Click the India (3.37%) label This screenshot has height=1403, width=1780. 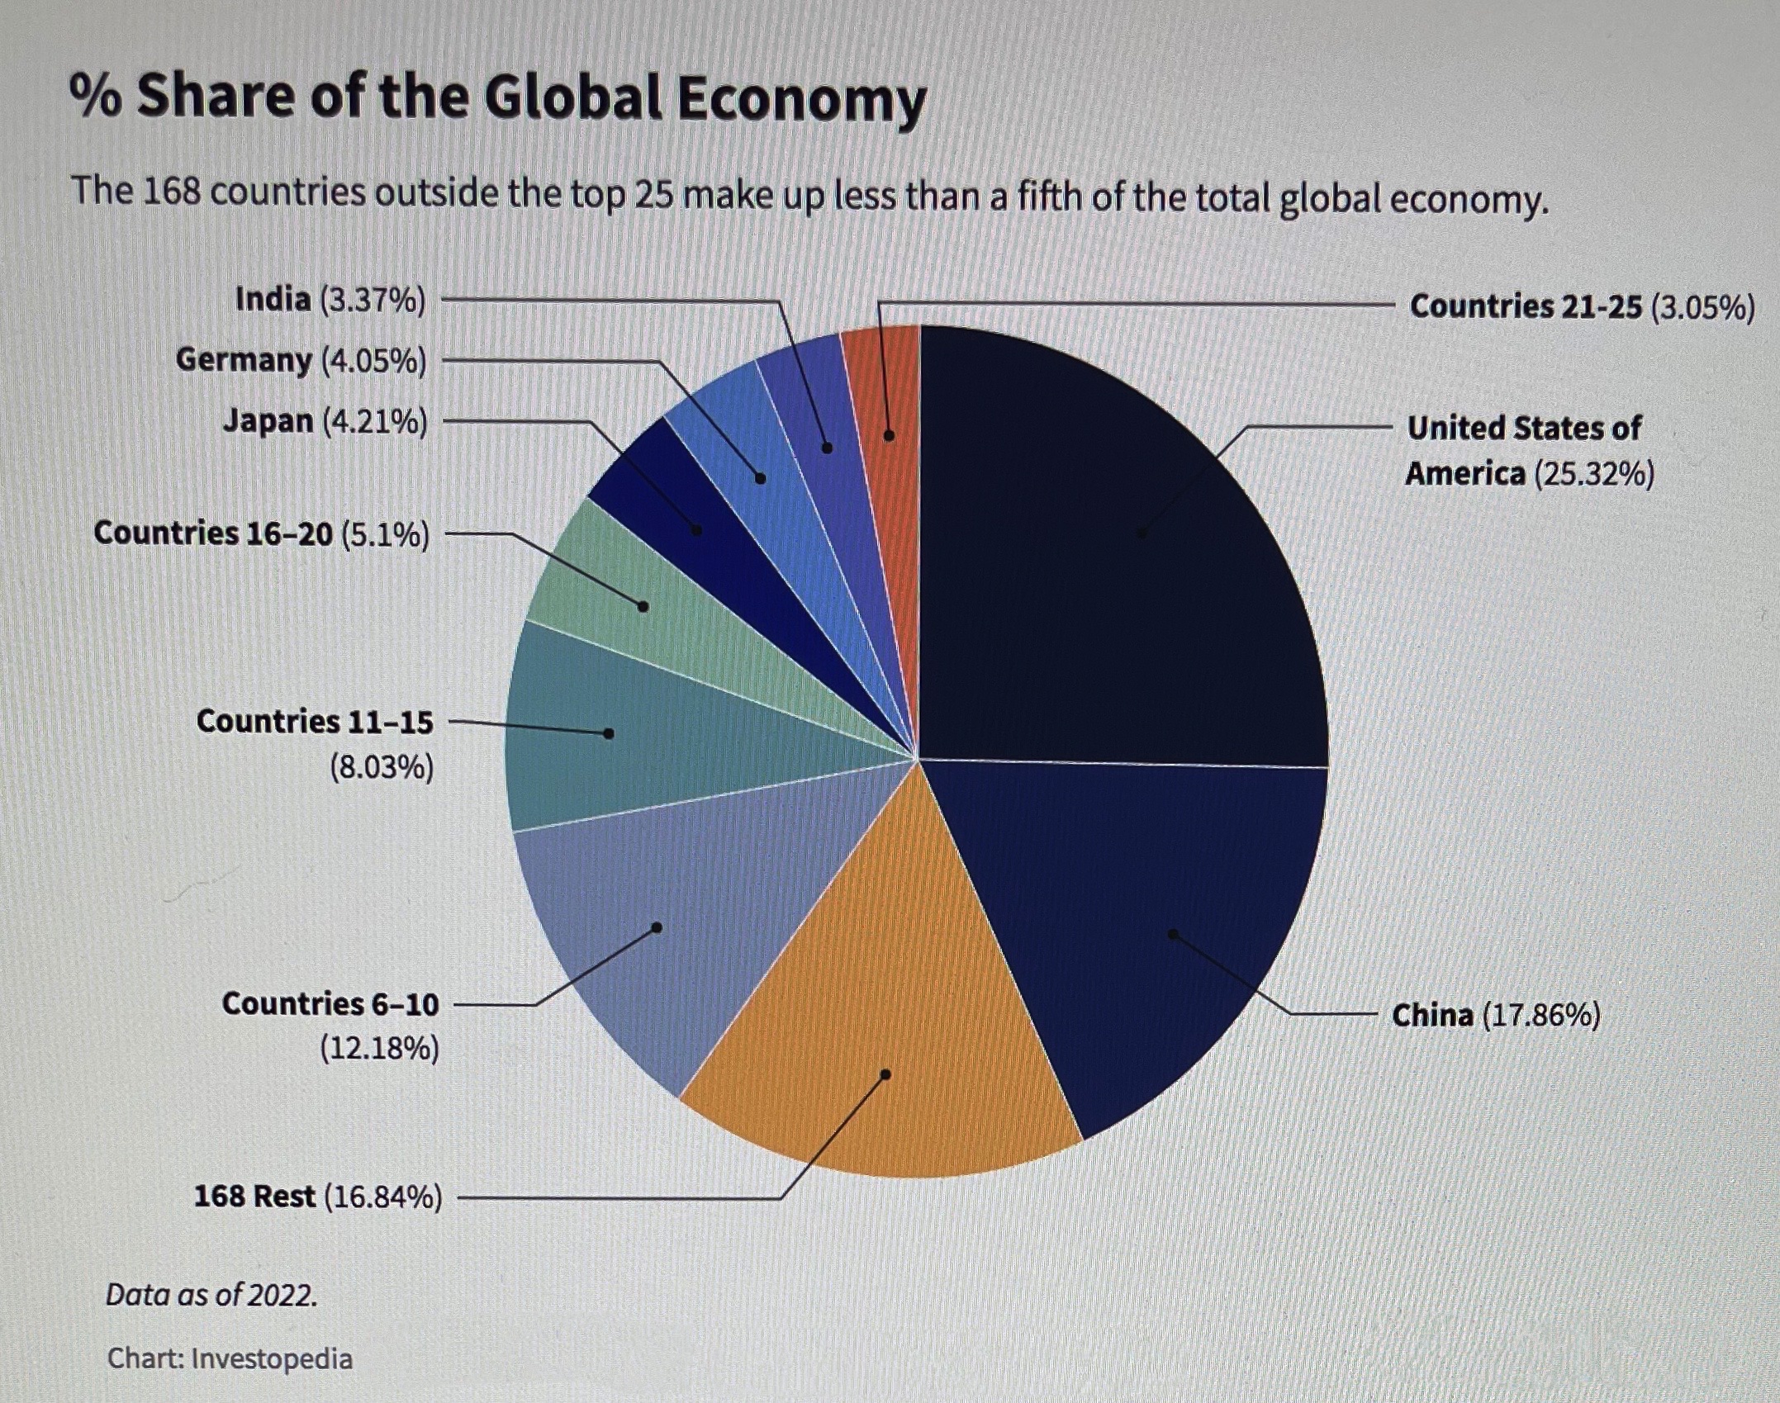(x=330, y=300)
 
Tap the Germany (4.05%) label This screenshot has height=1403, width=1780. (x=301, y=361)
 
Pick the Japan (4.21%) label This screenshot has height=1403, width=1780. (x=325, y=422)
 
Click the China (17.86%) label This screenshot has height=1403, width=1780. (x=1496, y=1014)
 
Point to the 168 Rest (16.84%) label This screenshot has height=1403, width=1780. (x=318, y=1196)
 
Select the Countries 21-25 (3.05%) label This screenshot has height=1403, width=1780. (x=1582, y=306)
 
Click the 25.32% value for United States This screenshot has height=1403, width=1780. (x=1593, y=475)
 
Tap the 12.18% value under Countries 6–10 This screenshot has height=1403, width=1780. (x=380, y=1049)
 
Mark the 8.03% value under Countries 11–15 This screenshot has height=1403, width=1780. (x=382, y=768)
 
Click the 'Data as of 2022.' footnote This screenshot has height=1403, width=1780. (x=211, y=1295)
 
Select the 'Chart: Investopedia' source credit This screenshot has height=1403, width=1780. (x=230, y=1358)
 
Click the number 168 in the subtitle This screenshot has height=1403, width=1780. (x=172, y=192)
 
